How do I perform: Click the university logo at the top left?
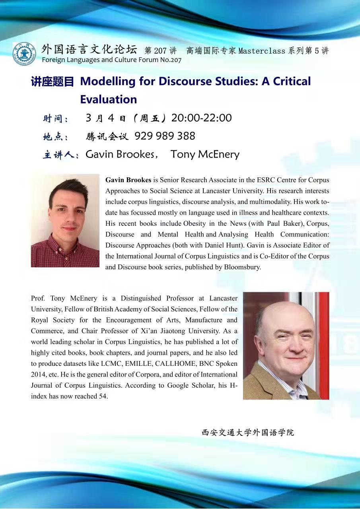tap(24, 54)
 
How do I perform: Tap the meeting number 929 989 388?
tap(165, 136)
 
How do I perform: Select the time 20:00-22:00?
tap(201, 118)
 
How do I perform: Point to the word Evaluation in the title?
tap(108, 99)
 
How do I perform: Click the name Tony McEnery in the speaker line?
tap(205, 154)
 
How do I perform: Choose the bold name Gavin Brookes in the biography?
tap(128, 180)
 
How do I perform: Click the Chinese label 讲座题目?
tap(53, 82)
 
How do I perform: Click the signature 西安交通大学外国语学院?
tap(248, 433)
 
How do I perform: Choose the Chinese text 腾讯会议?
tap(107, 136)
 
